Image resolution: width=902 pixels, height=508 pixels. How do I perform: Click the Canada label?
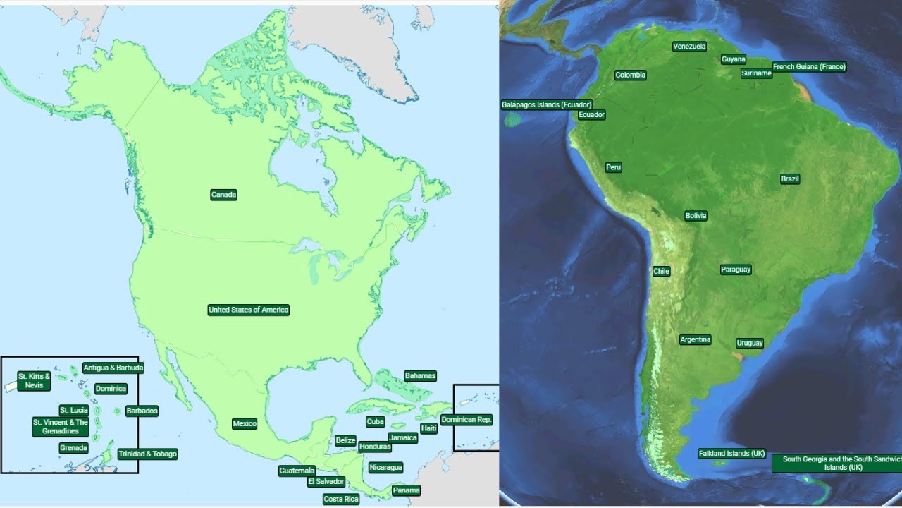pyautogui.click(x=223, y=195)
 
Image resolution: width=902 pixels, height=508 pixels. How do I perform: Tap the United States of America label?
pyautogui.click(x=249, y=310)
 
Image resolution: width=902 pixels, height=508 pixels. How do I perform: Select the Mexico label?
pyautogui.click(x=245, y=424)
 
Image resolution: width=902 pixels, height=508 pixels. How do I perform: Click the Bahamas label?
pyautogui.click(x=420, y=376)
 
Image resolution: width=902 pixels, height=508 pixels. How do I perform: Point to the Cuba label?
pyautogui.click(x=375, y=422)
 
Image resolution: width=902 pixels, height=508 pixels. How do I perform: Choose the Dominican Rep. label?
pyautogui.click(x=467, y=420)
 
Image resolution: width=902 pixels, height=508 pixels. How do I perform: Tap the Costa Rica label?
pyautogui.click(x=341, y=499)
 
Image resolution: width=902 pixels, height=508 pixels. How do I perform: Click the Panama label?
pyautogui.click(x=407, y=490)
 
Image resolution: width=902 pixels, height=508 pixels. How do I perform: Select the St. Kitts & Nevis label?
pyautogui.click(x=34, y=381)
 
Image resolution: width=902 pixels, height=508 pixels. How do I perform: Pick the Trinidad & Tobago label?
pyautogui.click(x=147, y=454)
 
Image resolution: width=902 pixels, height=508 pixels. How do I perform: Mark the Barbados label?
pyautogui.click(x=142, y=411)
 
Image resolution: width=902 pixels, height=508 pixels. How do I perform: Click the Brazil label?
pyautogui.click(x=790, y=179)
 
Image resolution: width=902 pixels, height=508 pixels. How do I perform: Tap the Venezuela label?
pyautogui.click(x=689, y=47)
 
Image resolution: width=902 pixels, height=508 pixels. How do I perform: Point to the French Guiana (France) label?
pyautogui.click(x=809, y=67)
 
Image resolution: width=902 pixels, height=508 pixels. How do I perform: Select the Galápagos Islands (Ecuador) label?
pyautogui.click(x=547, y=105)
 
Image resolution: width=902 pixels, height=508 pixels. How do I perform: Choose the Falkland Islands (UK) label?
pyautogui.click(x=731, y=454)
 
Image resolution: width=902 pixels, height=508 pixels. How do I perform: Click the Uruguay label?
pyautogui.click(x=750, y=344)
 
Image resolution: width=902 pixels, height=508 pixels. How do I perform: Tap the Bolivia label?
pyautogui.click(x=696, y=216)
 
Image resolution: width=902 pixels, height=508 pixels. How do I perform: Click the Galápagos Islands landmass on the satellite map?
pyautogui.click(x=514, y=119)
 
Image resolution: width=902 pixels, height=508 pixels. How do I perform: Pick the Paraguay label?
pyautogui.click(x=736, y=270)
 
